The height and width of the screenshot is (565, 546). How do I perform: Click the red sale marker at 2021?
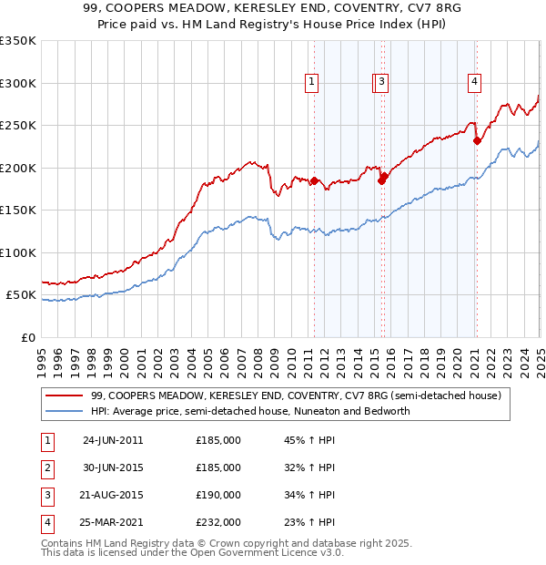tap(477, 140)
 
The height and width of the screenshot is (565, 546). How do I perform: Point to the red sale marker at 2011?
tap(314, 180)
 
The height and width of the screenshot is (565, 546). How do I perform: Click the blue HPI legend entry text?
tap(250, 411)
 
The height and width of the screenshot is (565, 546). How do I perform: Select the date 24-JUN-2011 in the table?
tap(113, 440)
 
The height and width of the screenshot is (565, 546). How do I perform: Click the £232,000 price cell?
tap(218, 522)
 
